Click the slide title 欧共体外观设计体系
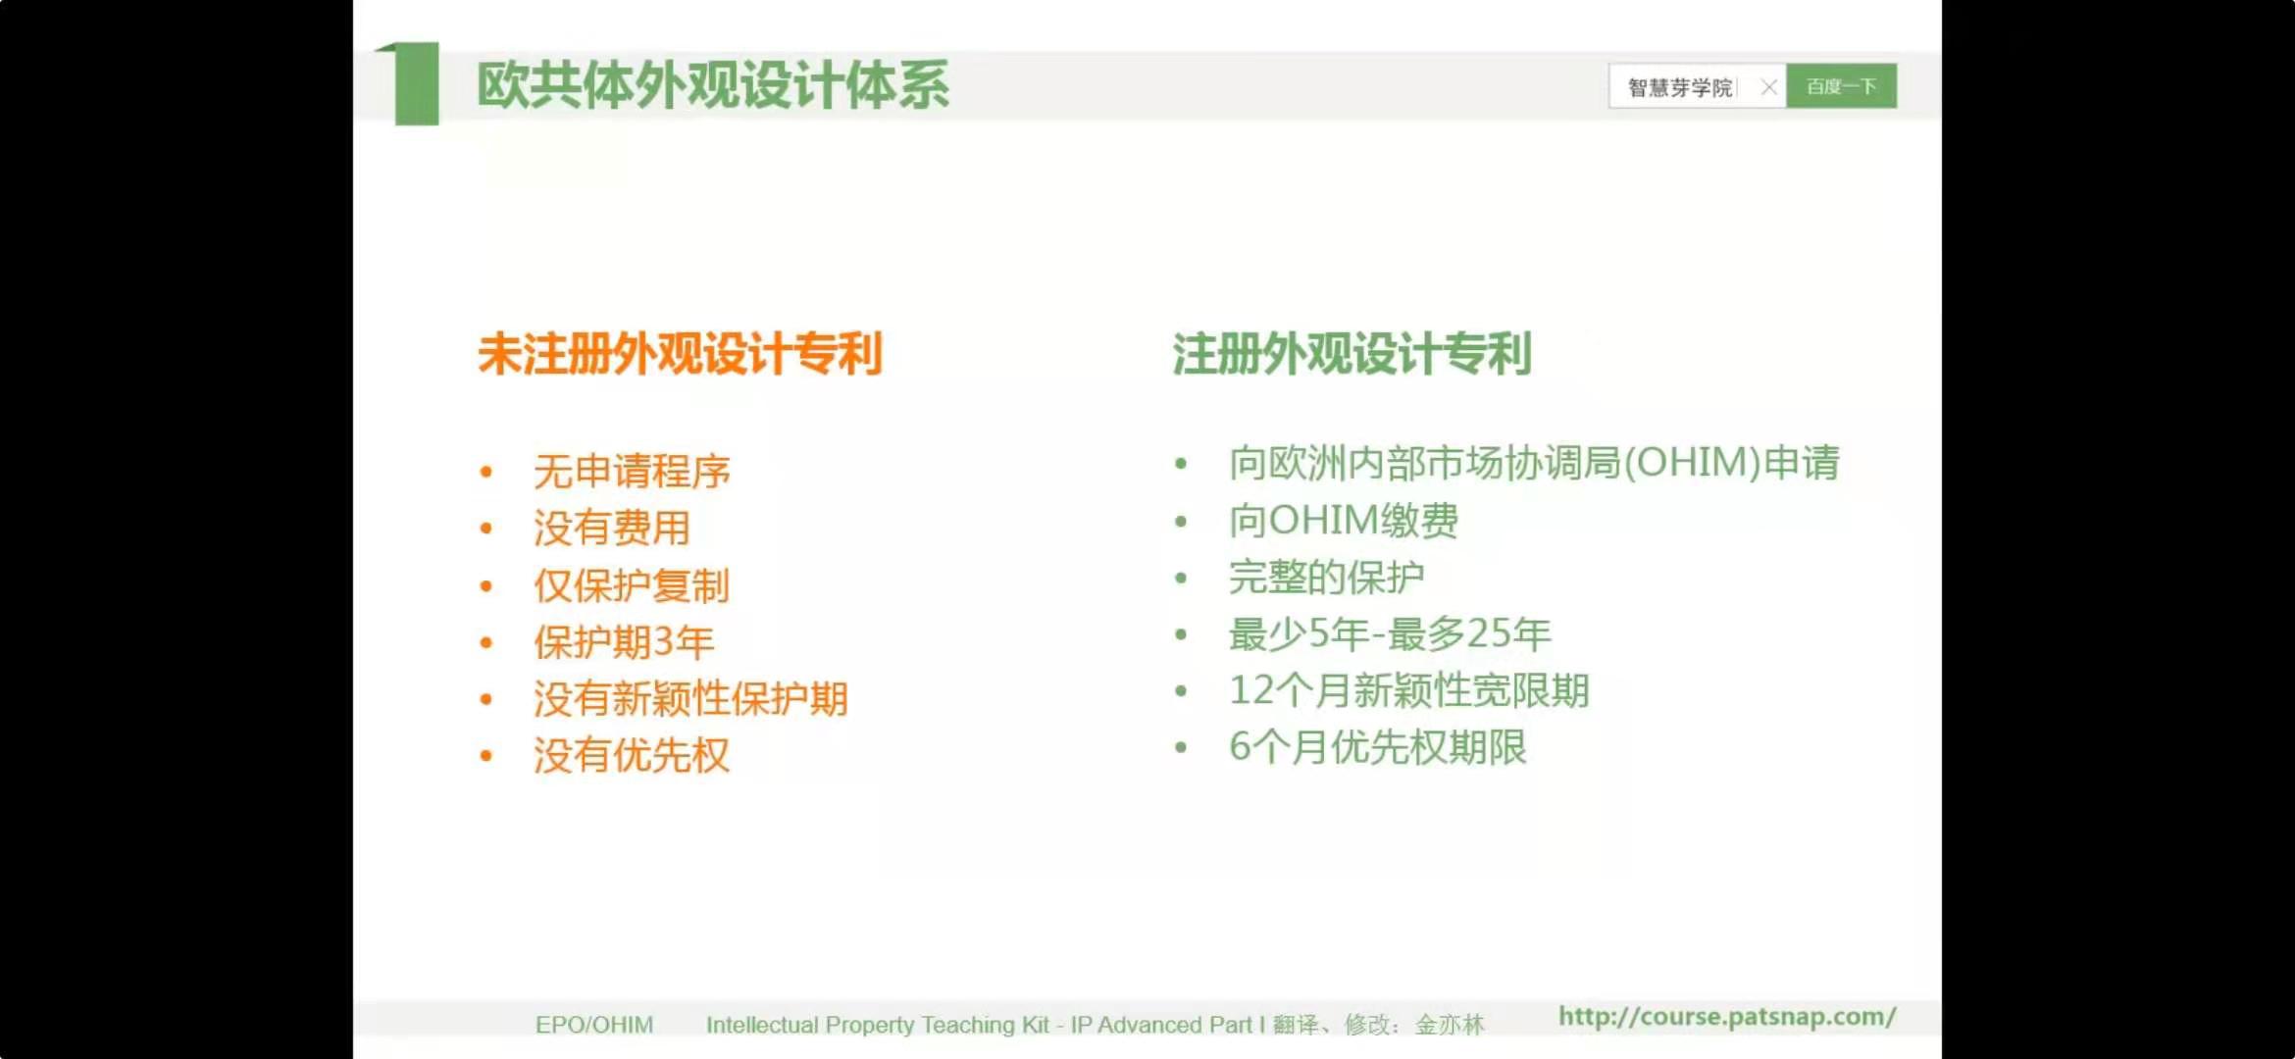pos(713,84)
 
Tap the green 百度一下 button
pos(1841,86)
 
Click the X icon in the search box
pos(1768,87)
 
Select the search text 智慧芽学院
pos(1680,87)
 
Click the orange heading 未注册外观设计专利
pos(681,353)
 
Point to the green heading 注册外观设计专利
pos(1351,353)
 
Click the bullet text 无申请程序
pos(632,472)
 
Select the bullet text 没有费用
pos(612,529)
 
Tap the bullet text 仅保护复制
pos(632,585)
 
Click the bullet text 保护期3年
pos(624,642)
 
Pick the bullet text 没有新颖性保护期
pos(690,699)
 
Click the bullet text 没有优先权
pos(632,756)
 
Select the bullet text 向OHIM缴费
pos(1344,520)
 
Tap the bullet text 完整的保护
pos(1326,577)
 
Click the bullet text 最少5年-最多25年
pos(1390,633)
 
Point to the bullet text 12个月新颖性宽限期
pos(1408,690)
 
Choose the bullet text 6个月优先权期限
pos(1378,747)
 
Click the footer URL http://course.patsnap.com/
pos(1727,1017)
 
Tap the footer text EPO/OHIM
pos(594,1025)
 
